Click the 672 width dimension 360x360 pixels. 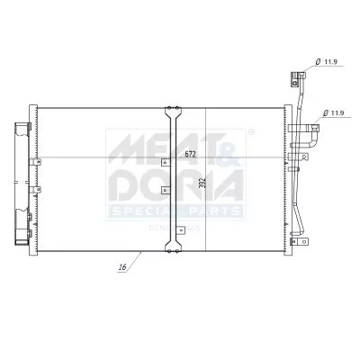pyautogui.click(x=190, y=154)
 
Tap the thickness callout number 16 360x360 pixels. pyautogui.click(x=121, y=267)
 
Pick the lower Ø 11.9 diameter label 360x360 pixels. pyautogui.click(x=334, y=112)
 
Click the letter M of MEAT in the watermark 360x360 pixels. pyautogui.click(x=126, y=147)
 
